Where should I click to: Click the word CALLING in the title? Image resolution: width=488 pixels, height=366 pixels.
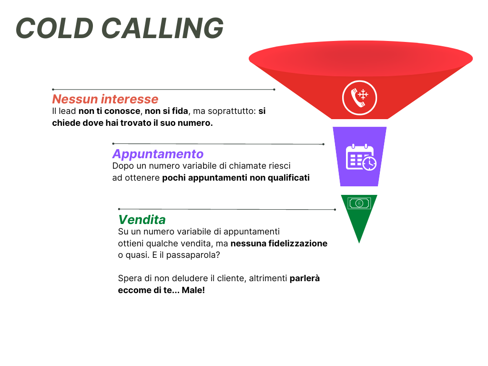tap(163, 28)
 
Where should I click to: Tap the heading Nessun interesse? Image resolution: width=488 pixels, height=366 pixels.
tap(105, 99)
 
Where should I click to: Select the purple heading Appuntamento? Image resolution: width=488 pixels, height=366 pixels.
tap(158, 154)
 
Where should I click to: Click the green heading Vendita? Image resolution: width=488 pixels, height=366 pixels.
tap(142, 220)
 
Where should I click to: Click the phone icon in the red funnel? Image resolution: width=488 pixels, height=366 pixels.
tap(359, 98)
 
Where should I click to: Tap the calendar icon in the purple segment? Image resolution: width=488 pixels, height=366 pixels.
tap(360, 156)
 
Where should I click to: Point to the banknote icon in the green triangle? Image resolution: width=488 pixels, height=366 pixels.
tap(359, 203)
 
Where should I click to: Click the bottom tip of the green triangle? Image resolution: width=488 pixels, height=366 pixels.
tap(359, 242)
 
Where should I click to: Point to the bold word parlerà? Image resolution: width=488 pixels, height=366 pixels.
tap(305, 278)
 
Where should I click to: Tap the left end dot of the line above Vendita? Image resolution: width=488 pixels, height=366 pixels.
tap(119, 209)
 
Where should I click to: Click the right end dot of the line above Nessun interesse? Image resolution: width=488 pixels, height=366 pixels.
tap(274, 89)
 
